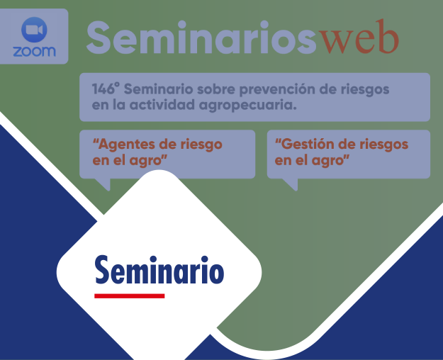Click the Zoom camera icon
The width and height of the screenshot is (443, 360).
tap(34, 30)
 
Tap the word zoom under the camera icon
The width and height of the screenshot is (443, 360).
tap(34, 52)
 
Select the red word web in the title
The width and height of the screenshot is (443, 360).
tap(359, 38)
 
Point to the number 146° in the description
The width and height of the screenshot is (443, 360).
tap(107, 90)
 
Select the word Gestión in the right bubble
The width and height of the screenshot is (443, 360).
tap(303, 144)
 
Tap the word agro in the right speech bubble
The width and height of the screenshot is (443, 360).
tap(331, 160)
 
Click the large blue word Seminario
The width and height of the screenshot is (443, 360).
tap(159, 270)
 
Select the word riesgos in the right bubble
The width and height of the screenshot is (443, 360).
tap(383, 144)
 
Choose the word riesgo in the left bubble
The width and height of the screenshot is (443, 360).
tap(198, 144)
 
